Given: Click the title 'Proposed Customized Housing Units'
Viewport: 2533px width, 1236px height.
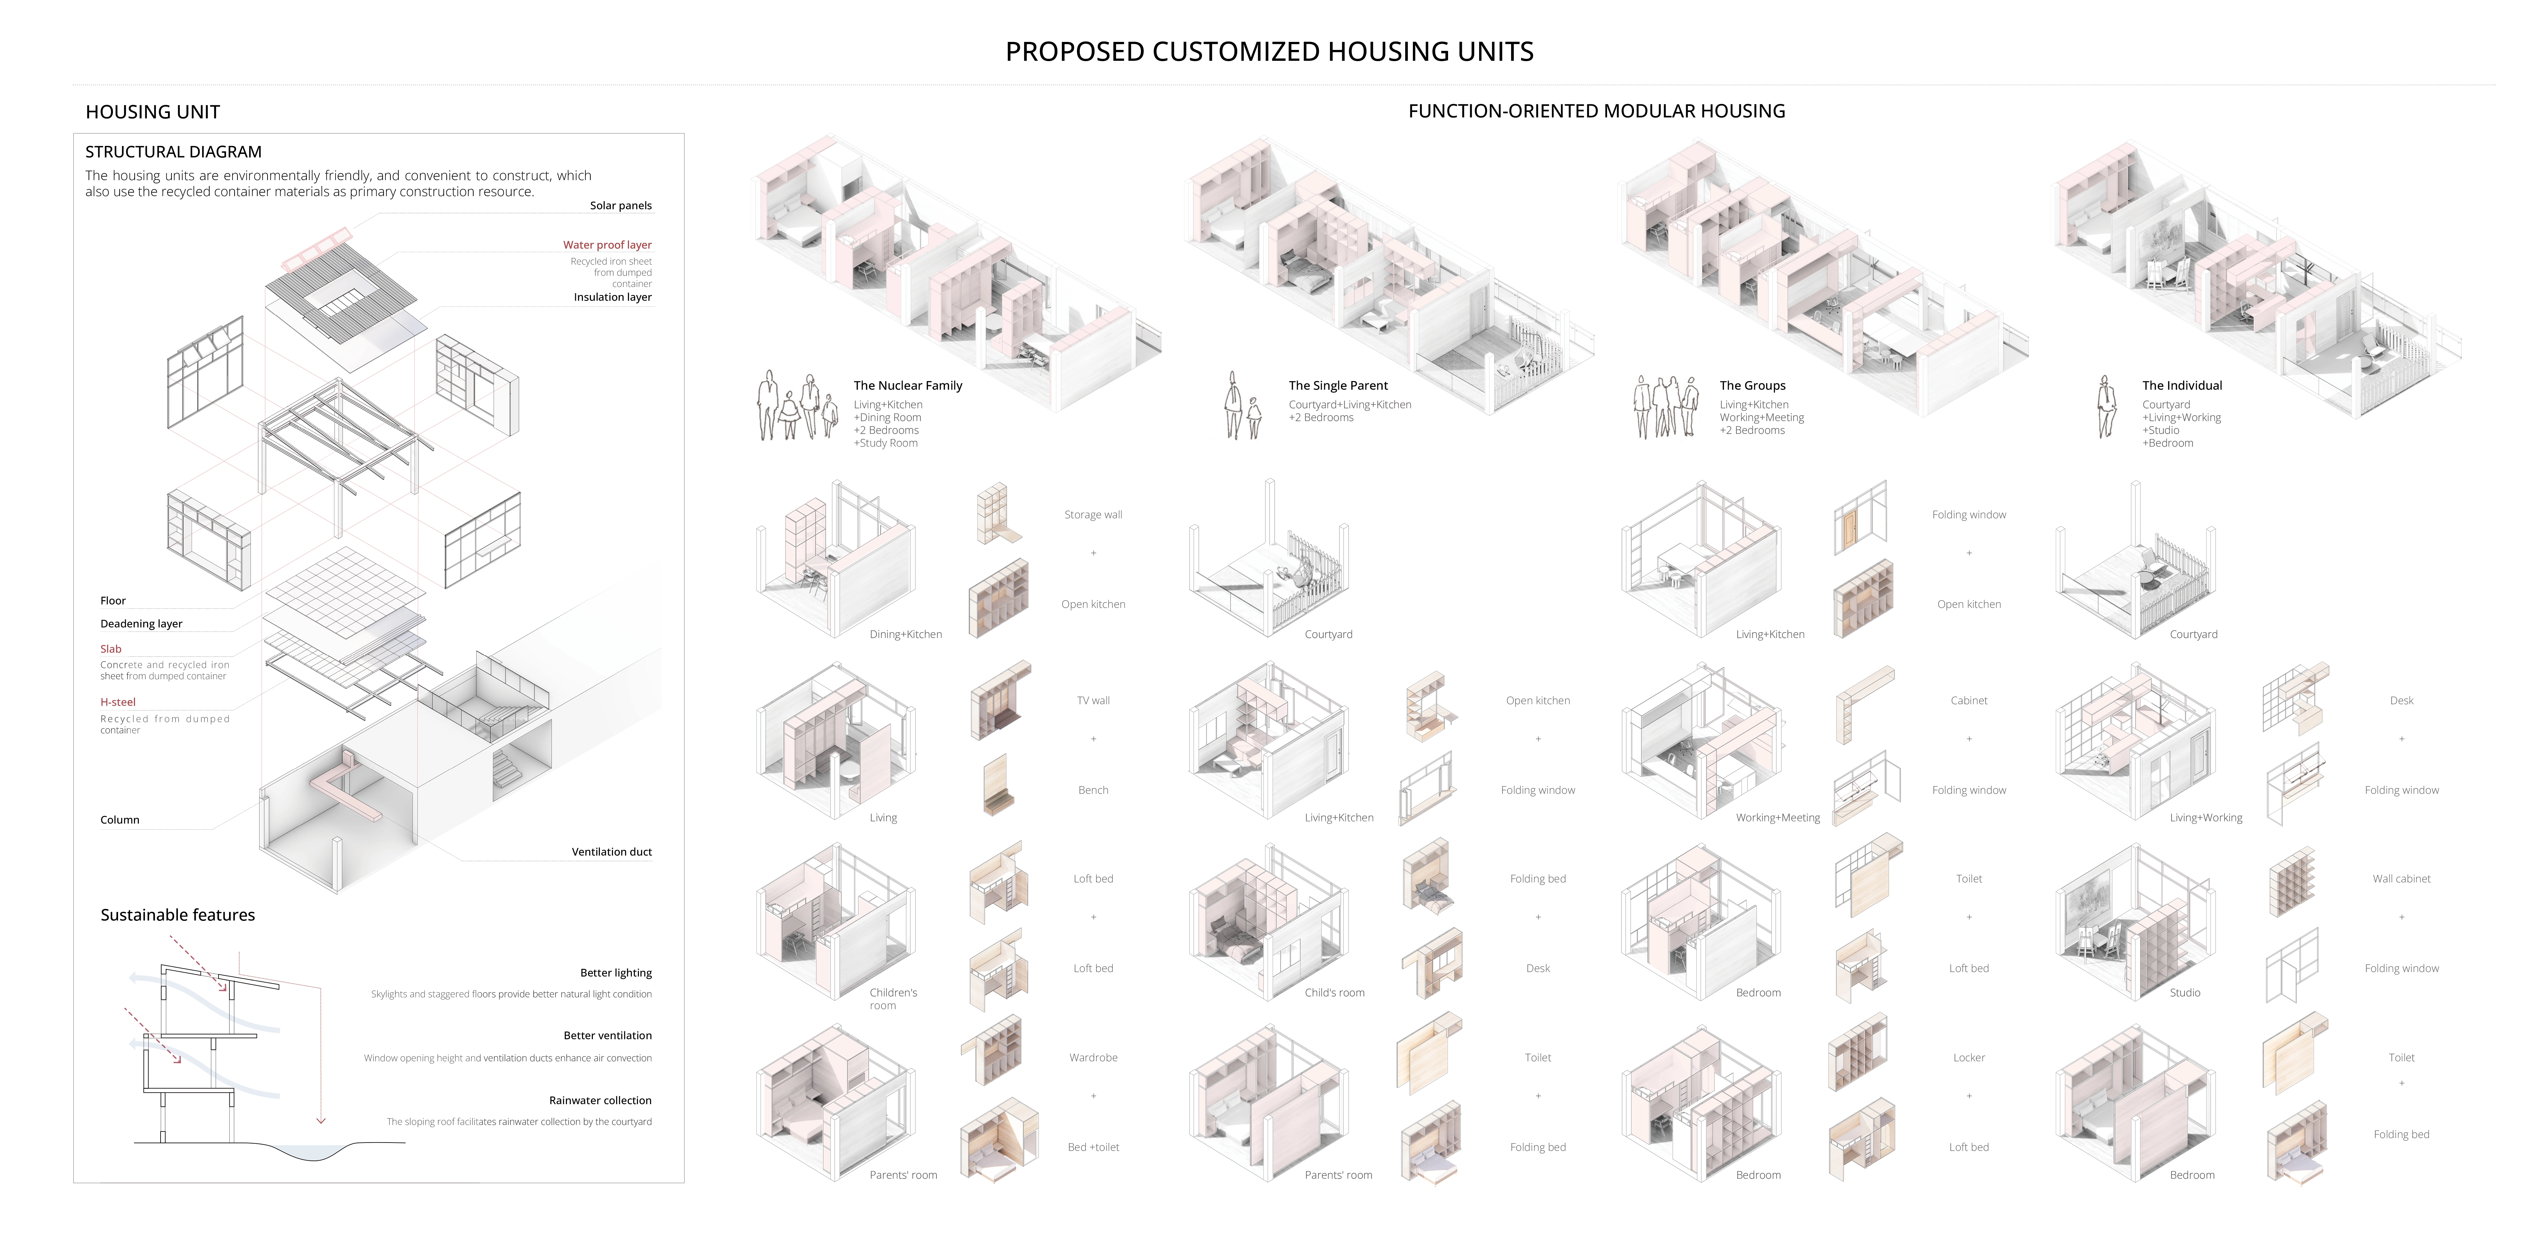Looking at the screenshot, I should (1269, 51).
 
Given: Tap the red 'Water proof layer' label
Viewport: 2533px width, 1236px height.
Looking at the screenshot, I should (607, 245).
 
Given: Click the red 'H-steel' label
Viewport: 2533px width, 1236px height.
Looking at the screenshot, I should (118, 702).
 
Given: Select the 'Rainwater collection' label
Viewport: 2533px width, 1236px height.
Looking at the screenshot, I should (600, 1100).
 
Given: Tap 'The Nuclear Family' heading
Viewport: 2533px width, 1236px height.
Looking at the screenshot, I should (907, 386).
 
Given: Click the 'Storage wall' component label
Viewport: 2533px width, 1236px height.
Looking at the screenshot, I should (1093, 514).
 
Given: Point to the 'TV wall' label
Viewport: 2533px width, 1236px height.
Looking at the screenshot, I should (1093, 700).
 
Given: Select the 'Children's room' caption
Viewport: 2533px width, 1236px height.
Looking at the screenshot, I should (892, 998).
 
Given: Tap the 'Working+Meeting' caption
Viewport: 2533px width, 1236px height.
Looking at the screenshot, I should (1777, 817).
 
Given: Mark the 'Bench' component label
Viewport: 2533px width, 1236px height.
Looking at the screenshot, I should (1093, 790).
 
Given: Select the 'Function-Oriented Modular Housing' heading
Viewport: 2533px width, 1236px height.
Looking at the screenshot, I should (1596, 111).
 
